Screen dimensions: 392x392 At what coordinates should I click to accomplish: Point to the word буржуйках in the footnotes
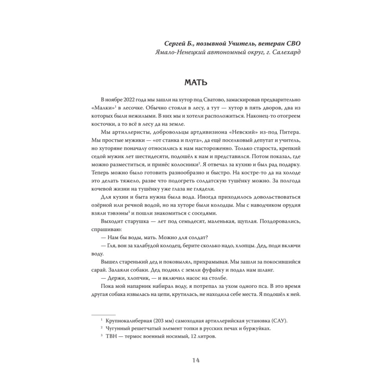tap(257, 329)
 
